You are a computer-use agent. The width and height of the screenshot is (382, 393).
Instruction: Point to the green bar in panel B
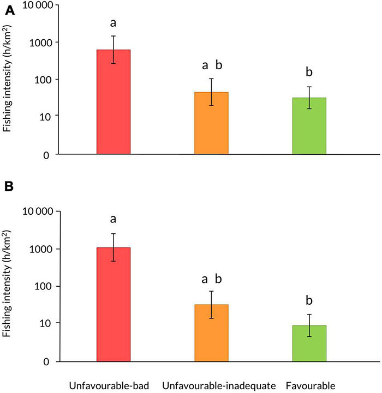309,343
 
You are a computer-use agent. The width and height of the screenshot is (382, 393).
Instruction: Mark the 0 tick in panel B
47,361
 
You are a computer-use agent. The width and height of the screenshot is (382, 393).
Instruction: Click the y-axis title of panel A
8,80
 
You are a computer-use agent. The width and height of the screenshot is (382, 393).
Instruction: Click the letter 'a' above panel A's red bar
113,23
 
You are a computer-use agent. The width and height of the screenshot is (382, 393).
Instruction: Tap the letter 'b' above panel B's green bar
309,300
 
